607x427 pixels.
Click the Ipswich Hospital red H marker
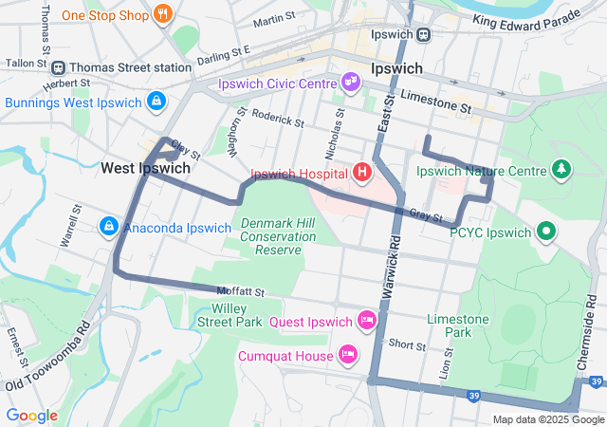[361, 173]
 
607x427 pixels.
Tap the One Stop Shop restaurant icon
[163, 15]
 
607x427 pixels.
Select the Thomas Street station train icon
[58, 67]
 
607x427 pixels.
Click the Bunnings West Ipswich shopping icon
[156, 102]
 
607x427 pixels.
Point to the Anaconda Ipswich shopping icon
[109, 227]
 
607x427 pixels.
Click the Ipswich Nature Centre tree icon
[562, 171]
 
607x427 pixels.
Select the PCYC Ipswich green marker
[546, 231]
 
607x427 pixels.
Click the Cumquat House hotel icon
[348, 355]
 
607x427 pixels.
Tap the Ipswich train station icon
[423, 34]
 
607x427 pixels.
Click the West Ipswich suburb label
[145, 168]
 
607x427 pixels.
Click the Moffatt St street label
[240, 291]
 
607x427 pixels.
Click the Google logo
[32, 416]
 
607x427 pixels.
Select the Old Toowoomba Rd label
[47, 358]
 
